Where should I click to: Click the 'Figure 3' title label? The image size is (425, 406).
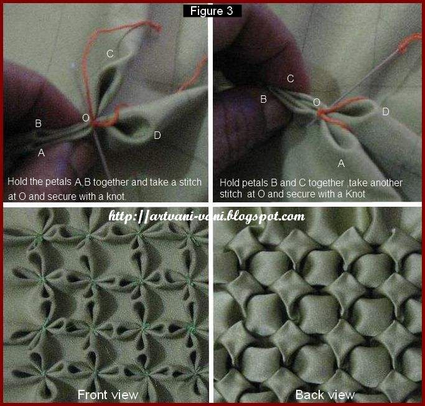click(x=212, y=11)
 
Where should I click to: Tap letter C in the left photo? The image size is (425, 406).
click(x=110, y=54)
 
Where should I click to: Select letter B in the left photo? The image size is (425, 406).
click(x=39, y=124)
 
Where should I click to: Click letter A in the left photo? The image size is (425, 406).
click(x=41, y=152)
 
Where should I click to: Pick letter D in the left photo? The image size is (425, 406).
click(x=157, y=135)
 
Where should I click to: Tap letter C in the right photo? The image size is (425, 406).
click(x=291, y=78)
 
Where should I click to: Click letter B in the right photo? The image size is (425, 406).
click(x=263, y=99)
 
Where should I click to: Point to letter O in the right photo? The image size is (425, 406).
click(x=316, y=102)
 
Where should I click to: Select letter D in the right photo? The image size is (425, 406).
click(x=386, y=111)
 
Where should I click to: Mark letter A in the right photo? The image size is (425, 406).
click(x=340, y=163)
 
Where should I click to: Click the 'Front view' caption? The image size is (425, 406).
click(x=108, y=394)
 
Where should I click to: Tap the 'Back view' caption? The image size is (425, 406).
click(x=325, y=394)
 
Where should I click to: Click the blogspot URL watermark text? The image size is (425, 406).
click(x=207, y=217)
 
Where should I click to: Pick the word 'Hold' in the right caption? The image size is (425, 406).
click(x=230, y=182)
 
